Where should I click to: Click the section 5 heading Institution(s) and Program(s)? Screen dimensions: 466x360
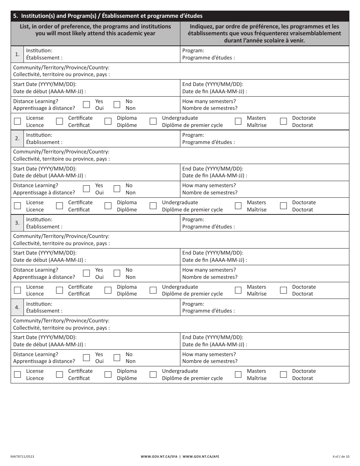click(108, 16)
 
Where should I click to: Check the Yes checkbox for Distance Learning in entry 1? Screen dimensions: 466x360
click(86, 105)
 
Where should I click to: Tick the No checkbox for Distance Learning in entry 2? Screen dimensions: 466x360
click(117, 189)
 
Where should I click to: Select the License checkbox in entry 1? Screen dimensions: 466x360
click(17, 122)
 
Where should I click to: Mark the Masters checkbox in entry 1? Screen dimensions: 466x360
click(238, 122)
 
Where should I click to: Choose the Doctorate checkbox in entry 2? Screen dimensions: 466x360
click(283, 206)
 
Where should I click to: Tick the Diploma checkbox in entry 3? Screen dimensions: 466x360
click(108, 291)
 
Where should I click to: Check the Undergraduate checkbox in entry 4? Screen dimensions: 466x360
click(153, 375)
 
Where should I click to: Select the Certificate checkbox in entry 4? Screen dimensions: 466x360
click(59, 375)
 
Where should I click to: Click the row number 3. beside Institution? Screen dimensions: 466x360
click(17, 223)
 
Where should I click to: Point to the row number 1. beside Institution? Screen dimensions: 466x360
click(17, 54)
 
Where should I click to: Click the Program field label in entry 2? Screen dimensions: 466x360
click(193, 135)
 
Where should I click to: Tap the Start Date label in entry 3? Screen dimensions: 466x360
click(45, 253)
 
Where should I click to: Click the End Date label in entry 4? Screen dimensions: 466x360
click(213, 338)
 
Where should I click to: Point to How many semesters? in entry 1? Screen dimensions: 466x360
click(209, 101)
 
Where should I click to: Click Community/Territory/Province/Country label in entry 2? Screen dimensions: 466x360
click(61, 152)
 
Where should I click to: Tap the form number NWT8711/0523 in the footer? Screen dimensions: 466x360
click(23, 457)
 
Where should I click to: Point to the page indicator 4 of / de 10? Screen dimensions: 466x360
click(340, 457)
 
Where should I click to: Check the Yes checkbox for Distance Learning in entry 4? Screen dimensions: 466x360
click(86, 358)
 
